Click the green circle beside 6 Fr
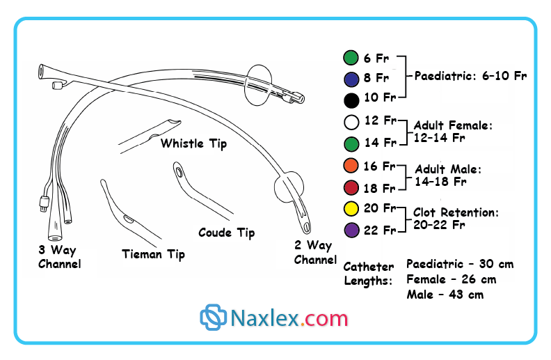pos(351,58)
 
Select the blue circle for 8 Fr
pos(351,78)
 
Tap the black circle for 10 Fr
pos(351,97)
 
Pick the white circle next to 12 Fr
pos(351,123)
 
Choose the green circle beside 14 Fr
pos(351,143)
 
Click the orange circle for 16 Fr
pos(351,167)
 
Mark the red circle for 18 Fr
pos(351,188)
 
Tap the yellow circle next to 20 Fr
pos(351,209)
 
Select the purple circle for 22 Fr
pos(351,230)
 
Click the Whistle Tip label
pos(193,144)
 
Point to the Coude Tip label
pos(226,233)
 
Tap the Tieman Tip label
pos(153,254)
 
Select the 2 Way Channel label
pos(315,252)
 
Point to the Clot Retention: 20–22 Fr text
pos(456,219)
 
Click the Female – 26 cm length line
pos(451,280)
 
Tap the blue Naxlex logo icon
pos(214,318)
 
